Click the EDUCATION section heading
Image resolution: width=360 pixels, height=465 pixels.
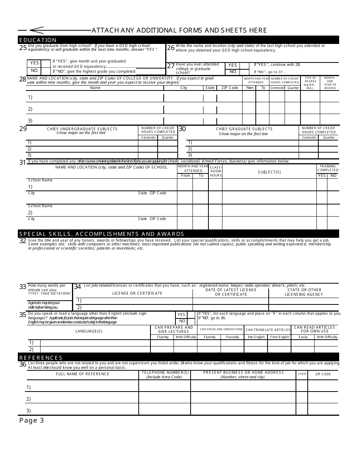pyautogui.click(x=38, y=40)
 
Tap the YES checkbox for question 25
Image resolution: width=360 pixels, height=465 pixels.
pyautogui.click(x=45, y=63)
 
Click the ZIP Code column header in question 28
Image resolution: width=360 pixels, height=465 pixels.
pyautogui.click(x=230, y=88)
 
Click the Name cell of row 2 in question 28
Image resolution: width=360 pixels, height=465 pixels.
pyautogui.click(x=95, y=109)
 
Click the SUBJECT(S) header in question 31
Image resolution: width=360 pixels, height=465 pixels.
pyautogui.click(x=269, y=172)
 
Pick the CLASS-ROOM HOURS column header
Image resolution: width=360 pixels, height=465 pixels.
pyautogui.click(x=216, y=171)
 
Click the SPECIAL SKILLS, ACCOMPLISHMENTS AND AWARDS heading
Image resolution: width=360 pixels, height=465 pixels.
pyautogui.click(x=102, y=234)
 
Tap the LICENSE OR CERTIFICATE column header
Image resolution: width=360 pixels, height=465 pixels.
pyautogui.click(x=137, y=293)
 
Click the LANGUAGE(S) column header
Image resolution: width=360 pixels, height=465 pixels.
pyautogui.click(x=89, y=331)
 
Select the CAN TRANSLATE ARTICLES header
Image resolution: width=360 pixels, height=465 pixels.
pyautogui.click(x=268, y=330)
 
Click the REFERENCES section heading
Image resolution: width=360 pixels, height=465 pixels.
pyautogui.click(x=41, y=357)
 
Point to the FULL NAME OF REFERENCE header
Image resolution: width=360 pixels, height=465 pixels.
pyautogui.click(x=83, y=374)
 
